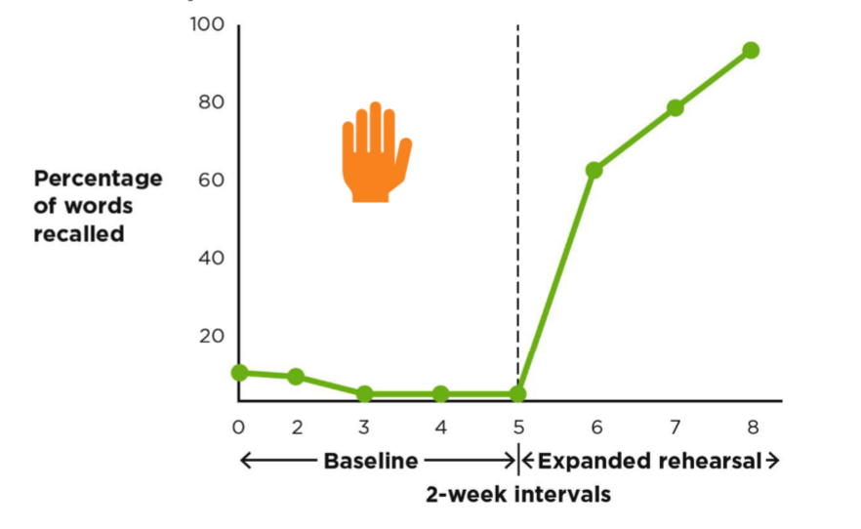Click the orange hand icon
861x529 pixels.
(x=376, y=153)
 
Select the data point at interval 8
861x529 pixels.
(x=751, y=50)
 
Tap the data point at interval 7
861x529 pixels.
(x=675, y=107)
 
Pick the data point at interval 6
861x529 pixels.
(x=594, y=170)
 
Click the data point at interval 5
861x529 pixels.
(x=517, y=393)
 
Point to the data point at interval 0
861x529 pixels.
(x=239, y=372)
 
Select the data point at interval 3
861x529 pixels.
(x=364, y=393)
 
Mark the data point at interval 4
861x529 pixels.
(x=440, y=393)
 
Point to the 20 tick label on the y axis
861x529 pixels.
(x=212, y=336)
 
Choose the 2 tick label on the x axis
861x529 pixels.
(x=297, y=427)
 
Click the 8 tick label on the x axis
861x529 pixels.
(x=751, y=427)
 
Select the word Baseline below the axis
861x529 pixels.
(x=370, y=461)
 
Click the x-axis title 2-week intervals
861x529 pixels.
(x=517, y=494)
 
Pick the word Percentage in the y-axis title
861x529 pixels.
(x=99, y=179)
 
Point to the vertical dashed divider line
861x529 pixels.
(x=517, y=195)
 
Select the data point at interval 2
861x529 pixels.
(x=296, y=377)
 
